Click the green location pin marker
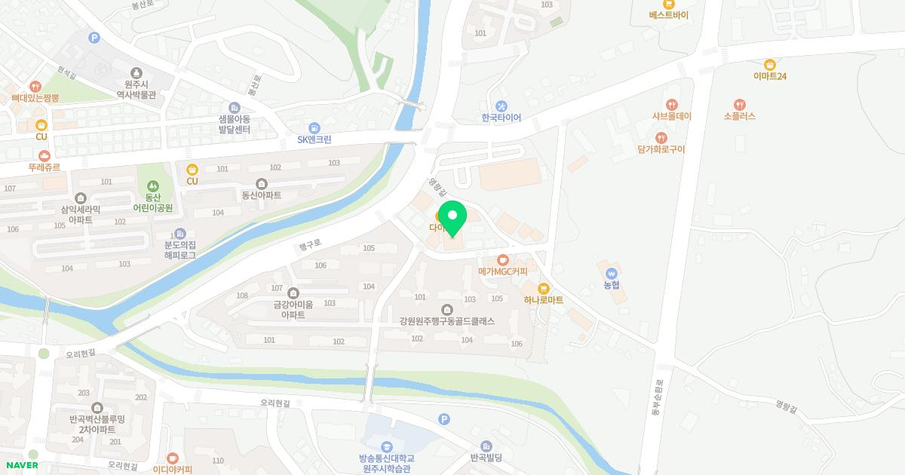click(x=452, y=218)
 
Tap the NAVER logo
click(x=22, y=465)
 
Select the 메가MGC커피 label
click(x=503, y=271)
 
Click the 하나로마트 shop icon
click(x=543, y=288)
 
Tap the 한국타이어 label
click(x=502, y=118)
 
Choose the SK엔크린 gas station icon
click(x=314, y=128)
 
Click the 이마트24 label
click(x=769, y=76)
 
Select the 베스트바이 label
click(x=668, y=15)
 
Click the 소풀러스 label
click(x=739, y=116)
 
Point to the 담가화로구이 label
click(x=661, y=149)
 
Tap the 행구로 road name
click(x=310, y=244)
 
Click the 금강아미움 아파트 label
click(x=293, y=310)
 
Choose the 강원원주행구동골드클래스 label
click(x=447, y=321)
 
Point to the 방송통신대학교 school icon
click(x=386, y=446)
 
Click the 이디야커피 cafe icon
click(x=173, y=458)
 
